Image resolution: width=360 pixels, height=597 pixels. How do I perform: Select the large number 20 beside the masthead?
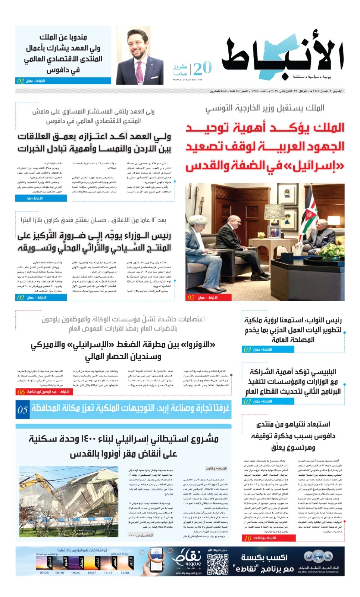tap(202, 68)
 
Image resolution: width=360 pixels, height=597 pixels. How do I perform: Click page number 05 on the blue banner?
tap(22, 410)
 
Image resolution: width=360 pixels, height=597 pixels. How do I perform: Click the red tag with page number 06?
tap(21, 392)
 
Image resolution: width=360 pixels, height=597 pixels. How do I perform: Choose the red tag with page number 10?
tap(248, 538)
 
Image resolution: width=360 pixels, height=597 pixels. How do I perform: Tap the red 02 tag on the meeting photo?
tap(191, 297)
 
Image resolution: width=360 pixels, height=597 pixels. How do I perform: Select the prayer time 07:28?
tap(44, 572)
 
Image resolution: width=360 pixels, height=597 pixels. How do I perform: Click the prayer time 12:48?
tap(125, 572)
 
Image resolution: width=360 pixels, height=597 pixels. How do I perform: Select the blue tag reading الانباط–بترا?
tap(41, 199)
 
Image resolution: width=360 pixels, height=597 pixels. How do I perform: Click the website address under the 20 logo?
tap(187, 79)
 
